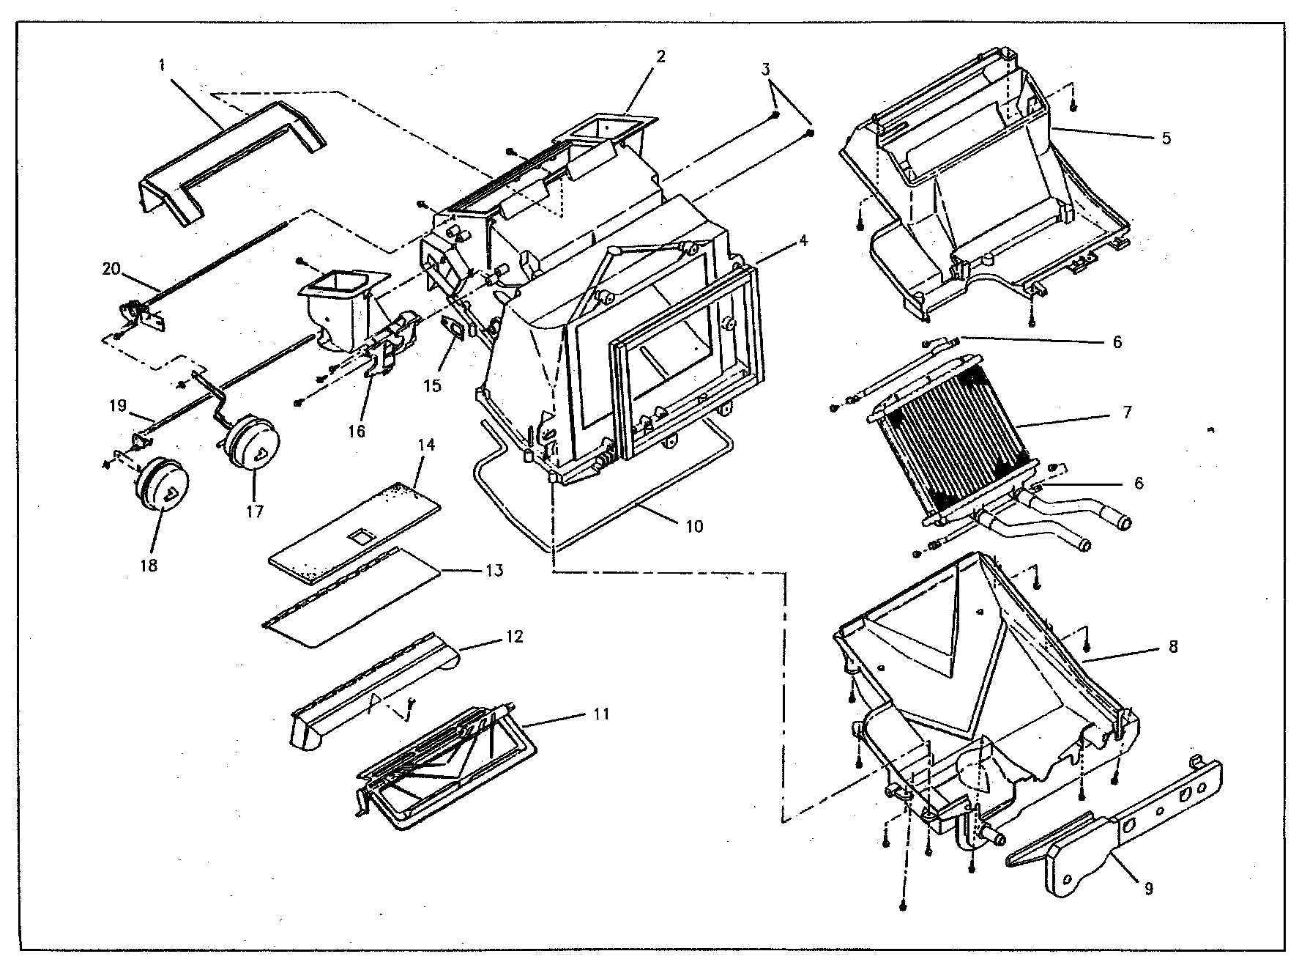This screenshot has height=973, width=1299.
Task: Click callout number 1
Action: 162,65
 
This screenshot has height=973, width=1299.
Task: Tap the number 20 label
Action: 111,270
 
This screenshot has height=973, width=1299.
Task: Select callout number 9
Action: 1148,888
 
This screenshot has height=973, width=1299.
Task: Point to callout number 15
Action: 433,385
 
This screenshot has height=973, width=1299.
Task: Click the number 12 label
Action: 515,637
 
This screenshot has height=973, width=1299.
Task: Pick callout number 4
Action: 803,240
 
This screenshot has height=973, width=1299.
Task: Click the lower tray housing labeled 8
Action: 974,681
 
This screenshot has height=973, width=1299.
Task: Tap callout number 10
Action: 694,526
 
